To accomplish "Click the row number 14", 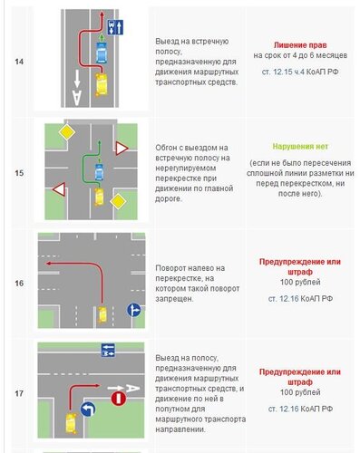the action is tap(19, 62).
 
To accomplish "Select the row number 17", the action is tap(19, 393).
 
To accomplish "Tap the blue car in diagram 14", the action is tap(102, 53).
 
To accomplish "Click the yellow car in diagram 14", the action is tap(102, 84).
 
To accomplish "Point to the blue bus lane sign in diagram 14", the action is tap(115, 27).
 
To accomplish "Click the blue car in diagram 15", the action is tap(99, 172).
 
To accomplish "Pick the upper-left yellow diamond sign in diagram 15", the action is tap(67, 132).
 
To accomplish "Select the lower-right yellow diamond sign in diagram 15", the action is tap(118, 202).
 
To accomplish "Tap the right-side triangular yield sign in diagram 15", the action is tap(122, 149).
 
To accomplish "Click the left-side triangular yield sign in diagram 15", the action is tap(60, 189).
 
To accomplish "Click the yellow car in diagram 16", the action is tap(102, 314).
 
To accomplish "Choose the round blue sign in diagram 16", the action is tap(133, 310).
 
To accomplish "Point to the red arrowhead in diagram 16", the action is tap(48, 264).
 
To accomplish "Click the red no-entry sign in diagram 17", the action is tap(119, 399).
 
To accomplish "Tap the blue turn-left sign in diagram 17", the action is tap(88, 410).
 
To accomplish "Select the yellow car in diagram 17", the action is tap(72, 423).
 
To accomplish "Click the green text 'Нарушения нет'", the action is tap(300, 147).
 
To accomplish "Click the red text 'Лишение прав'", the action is tap(300, 45).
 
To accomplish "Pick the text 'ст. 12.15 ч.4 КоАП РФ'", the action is tap(300, 72).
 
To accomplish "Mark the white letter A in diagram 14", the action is tap(77, 97).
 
